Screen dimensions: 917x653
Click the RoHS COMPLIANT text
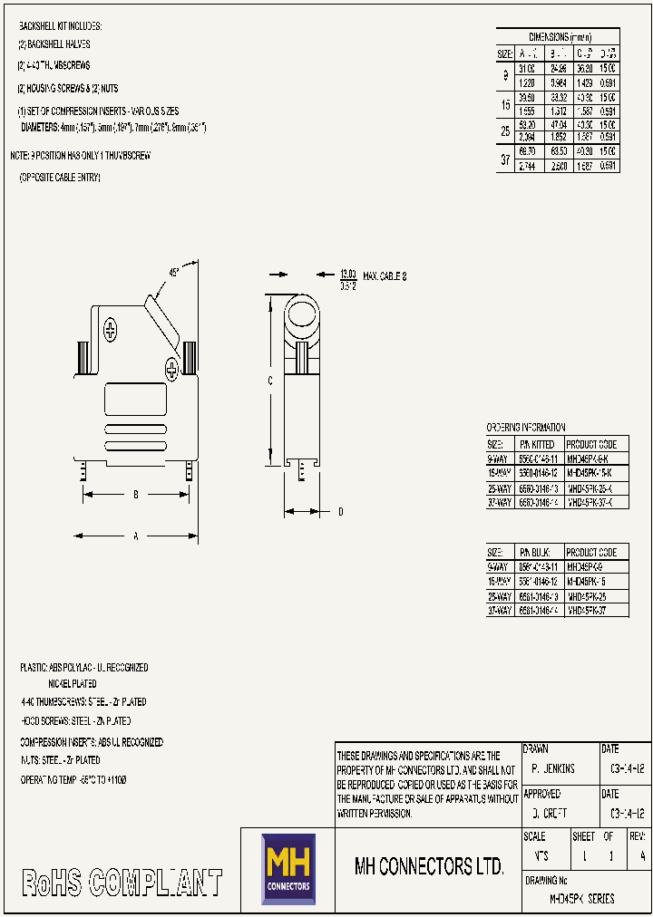point(122,883)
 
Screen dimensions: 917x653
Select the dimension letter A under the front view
point(136,536)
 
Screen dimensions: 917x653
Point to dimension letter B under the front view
point(136,494)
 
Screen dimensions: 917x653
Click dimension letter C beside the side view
point(269,381)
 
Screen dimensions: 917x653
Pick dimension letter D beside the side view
point(340,512)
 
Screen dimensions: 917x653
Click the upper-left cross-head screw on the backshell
point(111,330)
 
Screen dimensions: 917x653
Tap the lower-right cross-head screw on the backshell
point(172,367)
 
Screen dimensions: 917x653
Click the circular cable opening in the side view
point(301,316)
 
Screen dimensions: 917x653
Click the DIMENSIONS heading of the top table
point(560,37)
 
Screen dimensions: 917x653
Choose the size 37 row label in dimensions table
point(505,159)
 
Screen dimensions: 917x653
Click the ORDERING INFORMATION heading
point(526,428)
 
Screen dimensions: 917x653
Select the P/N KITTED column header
point(537,444)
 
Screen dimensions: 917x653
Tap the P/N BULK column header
point(535,552)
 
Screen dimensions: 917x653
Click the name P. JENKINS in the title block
point(553,768)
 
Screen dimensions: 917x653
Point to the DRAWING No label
point(546,880)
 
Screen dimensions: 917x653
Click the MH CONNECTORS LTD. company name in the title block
point(428,866)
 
